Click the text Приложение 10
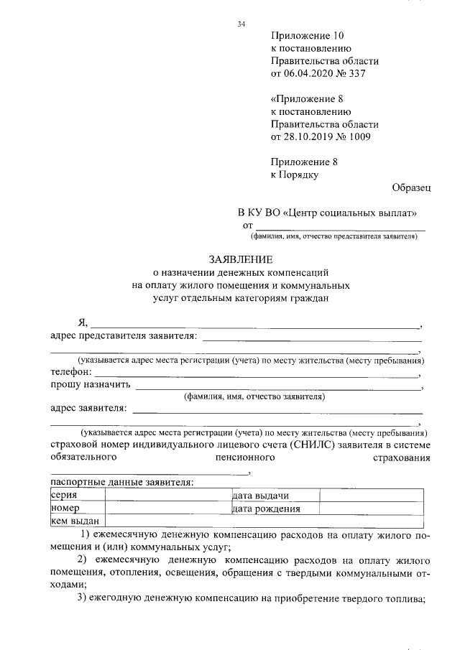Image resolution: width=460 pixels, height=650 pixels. (x=308, y=35)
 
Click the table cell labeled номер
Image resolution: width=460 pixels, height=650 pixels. (x=65, y=509)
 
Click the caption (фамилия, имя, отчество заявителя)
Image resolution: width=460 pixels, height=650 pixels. (x=254, y=396)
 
